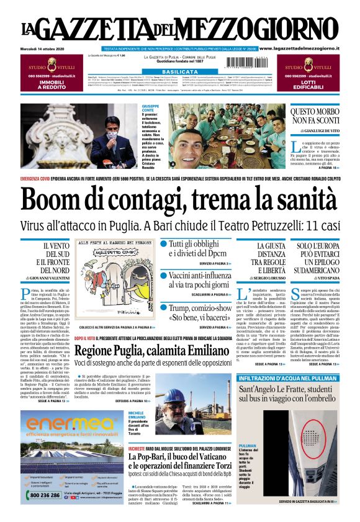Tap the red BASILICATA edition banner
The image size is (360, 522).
179,72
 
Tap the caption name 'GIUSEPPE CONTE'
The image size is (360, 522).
150,109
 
